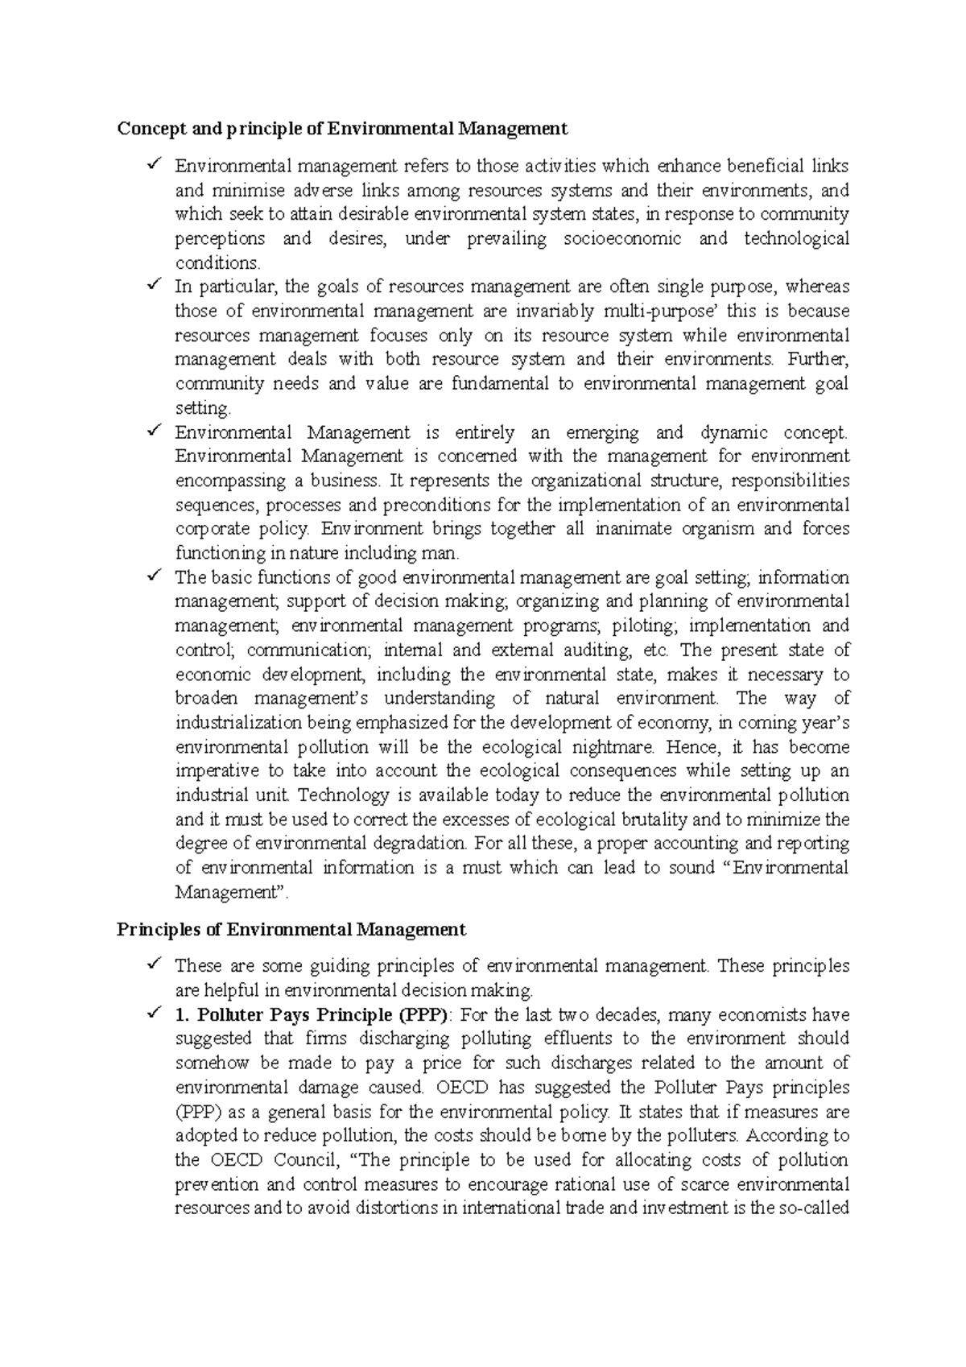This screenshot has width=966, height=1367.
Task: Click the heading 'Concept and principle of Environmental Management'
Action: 342,129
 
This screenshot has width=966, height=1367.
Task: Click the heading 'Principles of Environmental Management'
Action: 291,930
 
